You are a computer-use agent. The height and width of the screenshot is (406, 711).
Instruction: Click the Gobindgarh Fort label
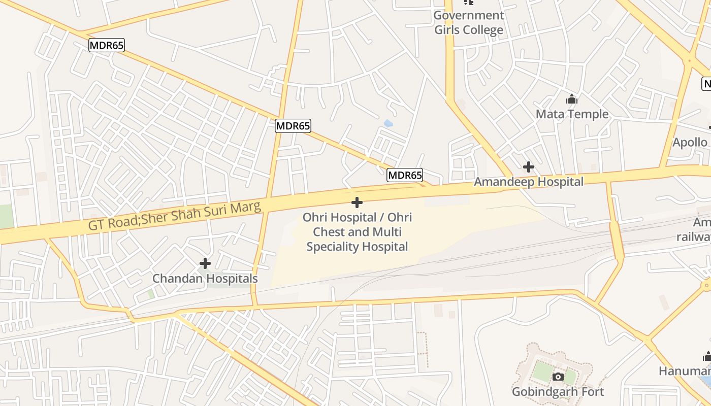[x=558, y=392]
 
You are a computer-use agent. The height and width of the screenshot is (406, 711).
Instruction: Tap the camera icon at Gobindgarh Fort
[x=558, y=377]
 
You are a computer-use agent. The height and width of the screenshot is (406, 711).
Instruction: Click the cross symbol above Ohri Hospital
[x=357, y=202]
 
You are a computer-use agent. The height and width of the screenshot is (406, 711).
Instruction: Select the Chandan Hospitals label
[x=205, y=279]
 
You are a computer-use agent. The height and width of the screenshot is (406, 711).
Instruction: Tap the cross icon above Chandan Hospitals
[x=205, y=263]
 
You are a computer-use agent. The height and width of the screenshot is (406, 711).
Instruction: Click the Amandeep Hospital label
[x=528, y=182]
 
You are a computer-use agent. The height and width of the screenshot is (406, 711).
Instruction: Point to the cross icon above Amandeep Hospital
[x=528, y=166]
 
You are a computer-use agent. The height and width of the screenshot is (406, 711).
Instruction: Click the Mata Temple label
[x=572, y=114]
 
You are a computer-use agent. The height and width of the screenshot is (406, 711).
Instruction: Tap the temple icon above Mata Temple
[x=572, y=99]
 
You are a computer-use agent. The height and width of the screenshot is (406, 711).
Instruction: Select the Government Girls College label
[x=468, y=22]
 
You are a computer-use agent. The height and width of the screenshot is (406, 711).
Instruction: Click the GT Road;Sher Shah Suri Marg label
[x=175, y=215]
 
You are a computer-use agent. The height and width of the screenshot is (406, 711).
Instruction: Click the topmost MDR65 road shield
[x=106, y=45]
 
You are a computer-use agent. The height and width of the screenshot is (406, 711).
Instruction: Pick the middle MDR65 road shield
[x=293, y=126]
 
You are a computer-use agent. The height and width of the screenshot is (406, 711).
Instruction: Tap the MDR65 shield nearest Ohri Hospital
[x=405, y=176]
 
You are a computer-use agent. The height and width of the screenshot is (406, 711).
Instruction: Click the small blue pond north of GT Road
[x=389, y=123]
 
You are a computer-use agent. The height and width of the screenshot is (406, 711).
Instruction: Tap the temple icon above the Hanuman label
[x=706, y=356]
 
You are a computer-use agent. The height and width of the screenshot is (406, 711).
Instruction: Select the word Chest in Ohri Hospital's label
[x=330, y=232]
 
